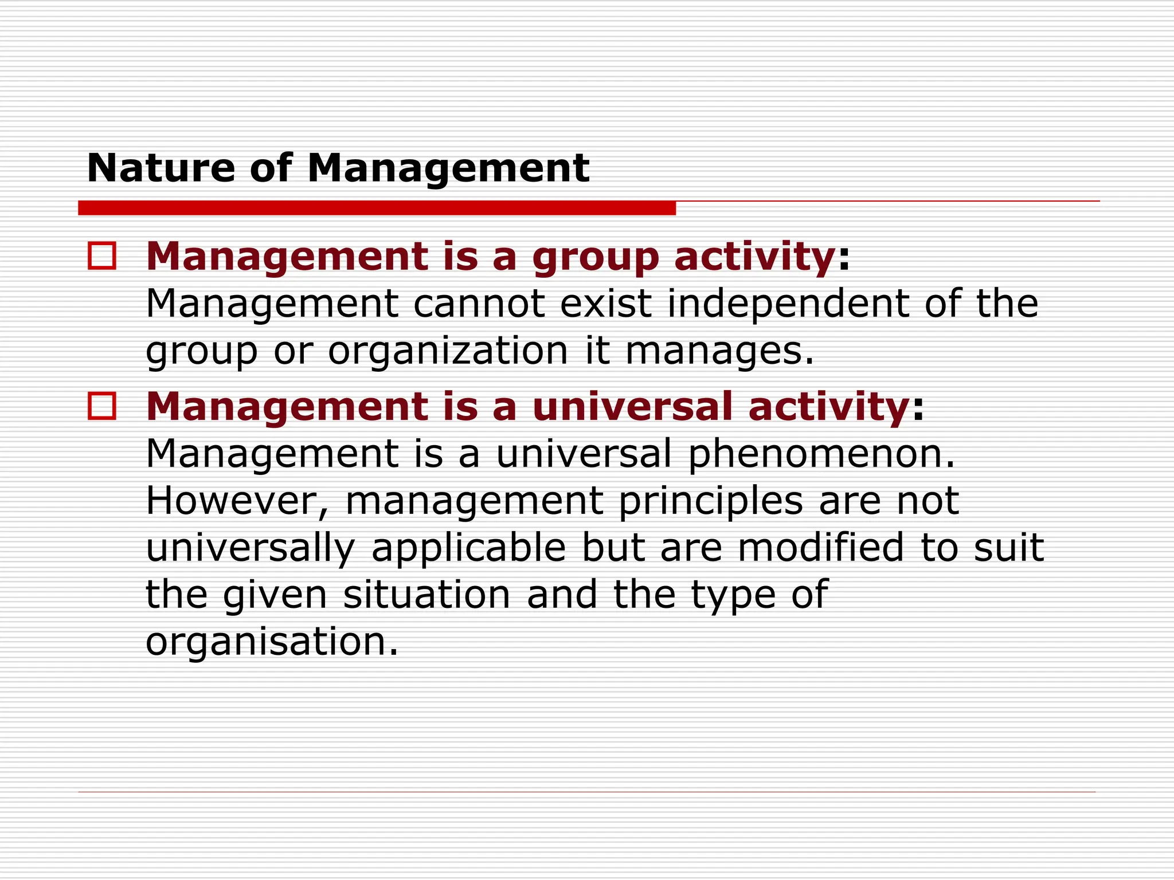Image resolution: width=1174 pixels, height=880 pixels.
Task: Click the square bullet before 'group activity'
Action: pos(102,256)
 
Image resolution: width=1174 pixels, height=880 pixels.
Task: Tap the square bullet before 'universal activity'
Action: pos(102,406)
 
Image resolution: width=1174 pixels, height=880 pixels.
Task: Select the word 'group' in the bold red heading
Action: pos(596,258)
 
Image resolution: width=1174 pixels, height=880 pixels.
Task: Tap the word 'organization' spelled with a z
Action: pos(448,351)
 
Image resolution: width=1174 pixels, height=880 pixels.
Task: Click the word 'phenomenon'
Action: pos(821,454)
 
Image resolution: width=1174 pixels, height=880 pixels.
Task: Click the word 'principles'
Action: pos(710,502)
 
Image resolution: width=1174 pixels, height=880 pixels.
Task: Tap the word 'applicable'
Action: pos(468,549)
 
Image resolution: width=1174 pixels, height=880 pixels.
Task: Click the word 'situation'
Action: pos(426,595)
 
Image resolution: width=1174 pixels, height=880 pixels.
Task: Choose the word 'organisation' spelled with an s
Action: pos(271,642)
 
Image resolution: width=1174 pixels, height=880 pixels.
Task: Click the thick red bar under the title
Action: pos(377,208)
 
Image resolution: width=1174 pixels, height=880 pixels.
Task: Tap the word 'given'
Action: pos(275,596)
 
